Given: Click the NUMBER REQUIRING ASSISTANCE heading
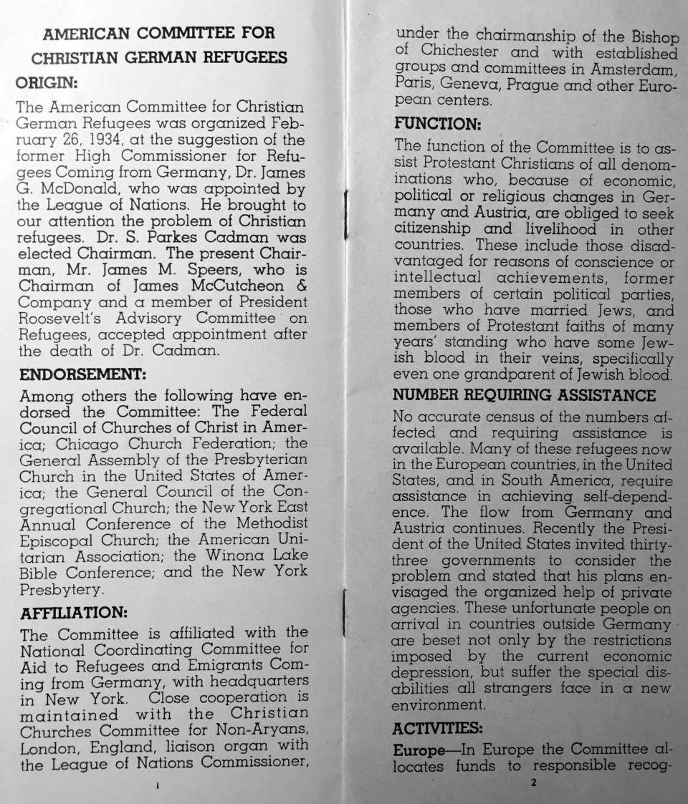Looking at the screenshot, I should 525,396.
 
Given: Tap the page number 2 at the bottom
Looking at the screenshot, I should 533,783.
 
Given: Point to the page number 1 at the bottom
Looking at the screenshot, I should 157,785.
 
